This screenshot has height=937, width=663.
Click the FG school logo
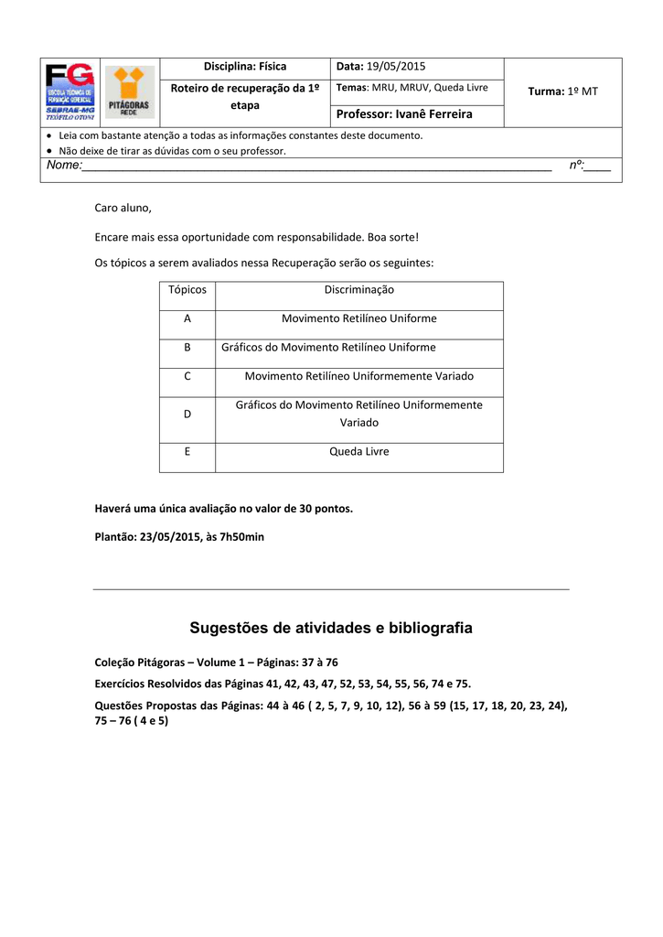(70, 92)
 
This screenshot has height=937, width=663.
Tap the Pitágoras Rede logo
(130, 92)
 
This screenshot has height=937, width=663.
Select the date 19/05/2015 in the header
(395, 67)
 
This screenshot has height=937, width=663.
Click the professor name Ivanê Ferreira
(433, 114)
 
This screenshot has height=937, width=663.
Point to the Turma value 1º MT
(583, 92)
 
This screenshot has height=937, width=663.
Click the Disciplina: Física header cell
(244, 67)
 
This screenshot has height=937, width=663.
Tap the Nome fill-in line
(316, 167)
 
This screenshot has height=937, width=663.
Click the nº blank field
(598, 167)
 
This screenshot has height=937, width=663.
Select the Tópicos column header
(187, 290)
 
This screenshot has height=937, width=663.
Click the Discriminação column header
(359, 290)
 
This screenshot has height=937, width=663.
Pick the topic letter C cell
(187, 376)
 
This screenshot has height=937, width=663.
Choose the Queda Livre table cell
(359, 452)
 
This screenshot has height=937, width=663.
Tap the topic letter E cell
(187, 452)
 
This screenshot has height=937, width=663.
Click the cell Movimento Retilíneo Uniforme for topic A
(359, 319)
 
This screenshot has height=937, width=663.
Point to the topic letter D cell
(187, 414)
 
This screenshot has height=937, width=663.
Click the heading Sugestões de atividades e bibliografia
(331, 628)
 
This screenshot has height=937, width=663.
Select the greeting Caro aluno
(123, 209)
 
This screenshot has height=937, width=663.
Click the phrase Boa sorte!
(393, 238)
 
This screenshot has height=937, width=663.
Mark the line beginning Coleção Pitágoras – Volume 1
(217, 662)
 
